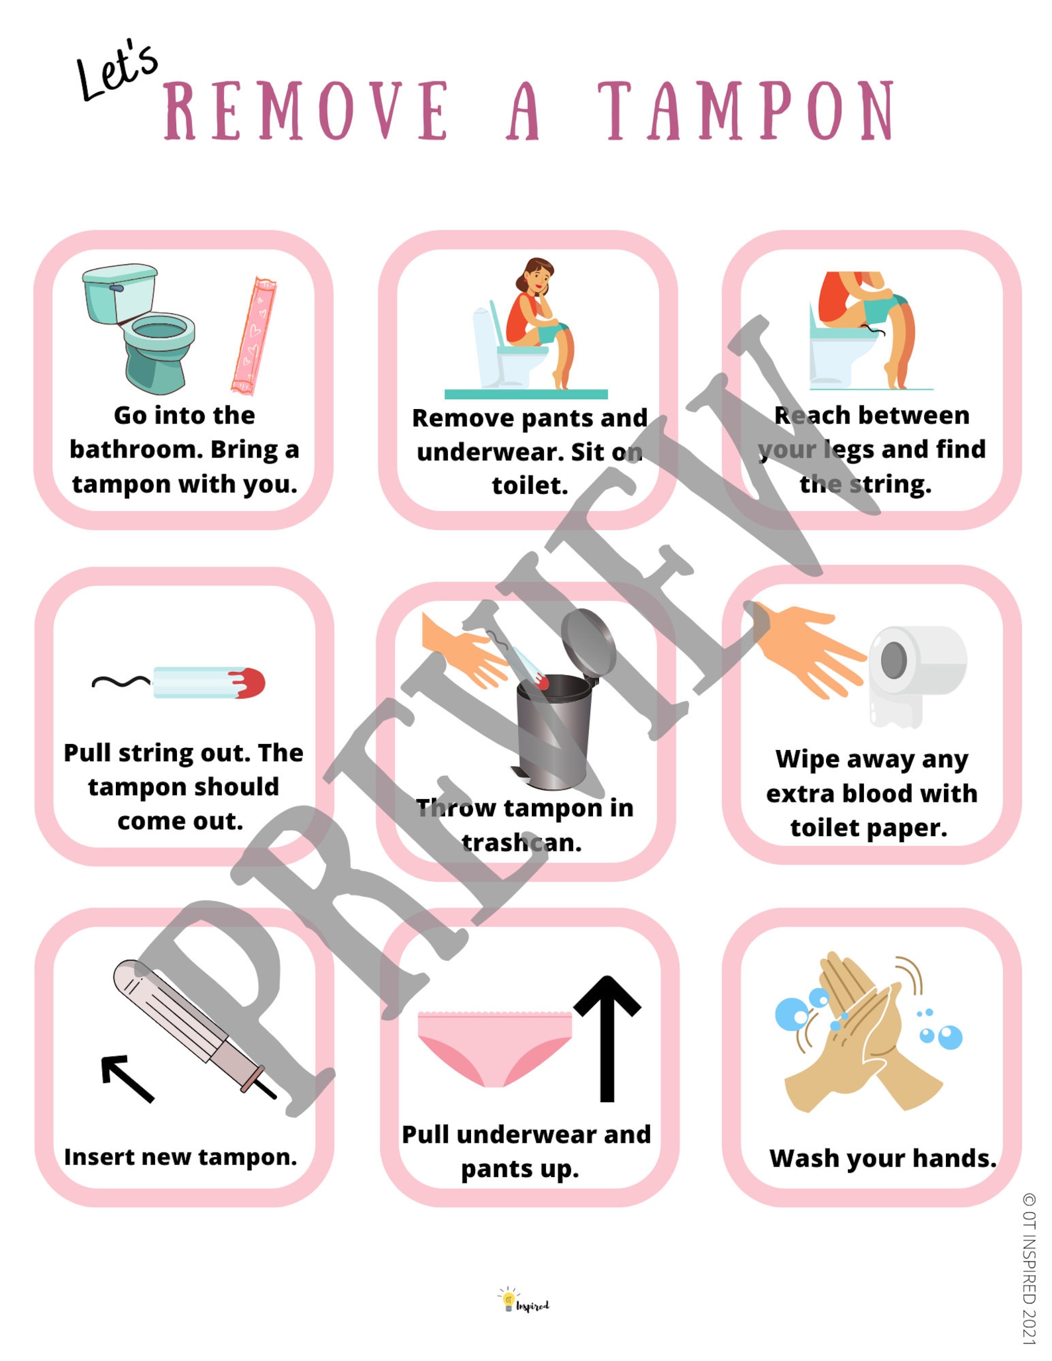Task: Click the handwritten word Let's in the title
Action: (117, 73)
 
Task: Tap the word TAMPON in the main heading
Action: (747, 113)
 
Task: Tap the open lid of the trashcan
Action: (588, 641)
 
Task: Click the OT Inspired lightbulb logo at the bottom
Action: (509, 1299)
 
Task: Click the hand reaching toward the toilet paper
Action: (805, 645)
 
